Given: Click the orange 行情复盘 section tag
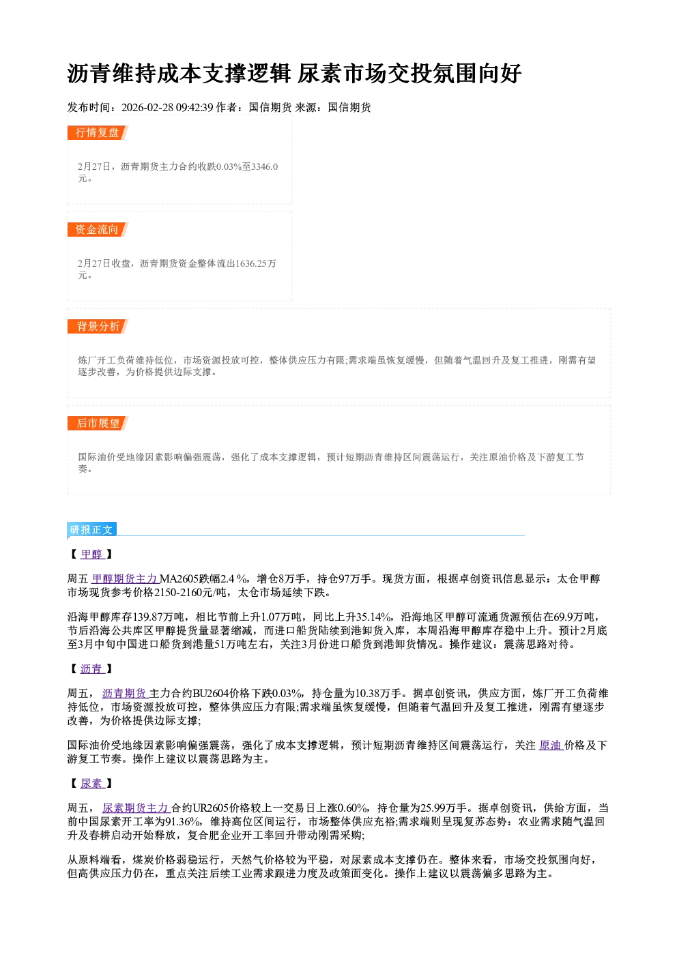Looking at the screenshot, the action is click(98, 132).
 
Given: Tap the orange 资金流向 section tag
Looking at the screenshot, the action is click(98, 229).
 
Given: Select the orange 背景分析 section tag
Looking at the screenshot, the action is click(98, 327).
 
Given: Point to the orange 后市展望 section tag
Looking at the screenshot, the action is click(98, 424).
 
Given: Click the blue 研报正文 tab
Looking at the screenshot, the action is click(91, 530).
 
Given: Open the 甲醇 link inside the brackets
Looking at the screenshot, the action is click(92, 554).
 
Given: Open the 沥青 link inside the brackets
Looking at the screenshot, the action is click(92, 668).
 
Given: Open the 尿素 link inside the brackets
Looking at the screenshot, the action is click(92, 783).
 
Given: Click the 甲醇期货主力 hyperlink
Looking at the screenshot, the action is click(125, 578).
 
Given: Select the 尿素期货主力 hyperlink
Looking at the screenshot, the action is click(136, 808).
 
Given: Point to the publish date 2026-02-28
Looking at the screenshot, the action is click(147, 107).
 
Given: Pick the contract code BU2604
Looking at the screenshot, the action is click(211, 693).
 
